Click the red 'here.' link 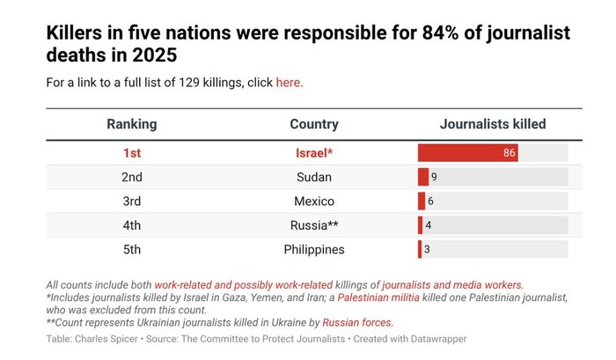point(290,83)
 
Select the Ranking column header point(132,124)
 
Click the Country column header point(314,124)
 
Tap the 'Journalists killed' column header point(493,124)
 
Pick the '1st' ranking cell point(132,153)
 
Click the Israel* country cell point(314,153)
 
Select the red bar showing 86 point(467,153)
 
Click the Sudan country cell point(314,177)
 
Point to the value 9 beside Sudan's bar point(435,177)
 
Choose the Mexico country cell point(314,201)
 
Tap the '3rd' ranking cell point(132,201)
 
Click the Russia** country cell point(314,225)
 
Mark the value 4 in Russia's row point(429,225)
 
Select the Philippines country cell point(314,249)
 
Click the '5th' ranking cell point(132,249)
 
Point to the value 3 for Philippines point(427,249)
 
